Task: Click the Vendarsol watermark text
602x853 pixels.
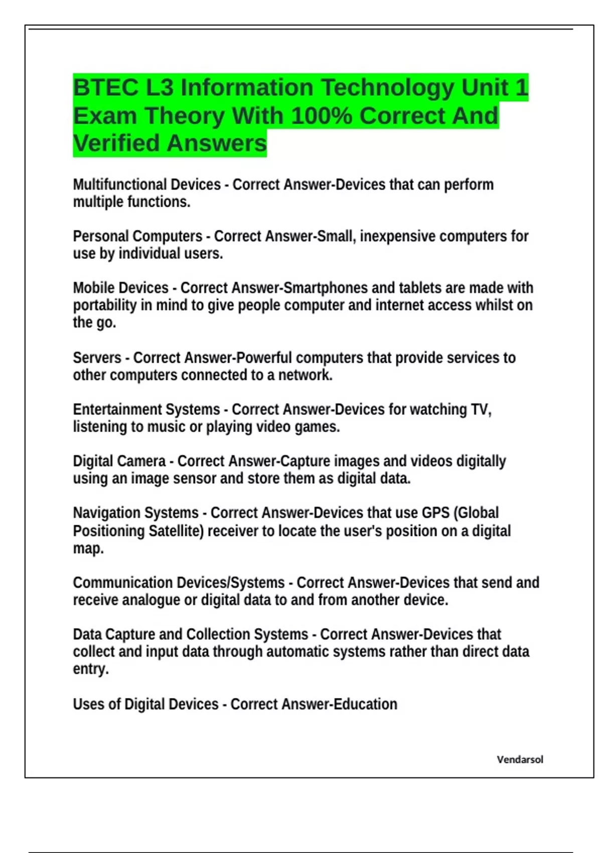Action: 520,760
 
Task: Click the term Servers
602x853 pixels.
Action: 97,358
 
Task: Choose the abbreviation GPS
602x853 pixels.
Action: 435,513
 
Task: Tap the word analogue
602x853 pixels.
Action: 151,600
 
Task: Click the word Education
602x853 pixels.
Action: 365,704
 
